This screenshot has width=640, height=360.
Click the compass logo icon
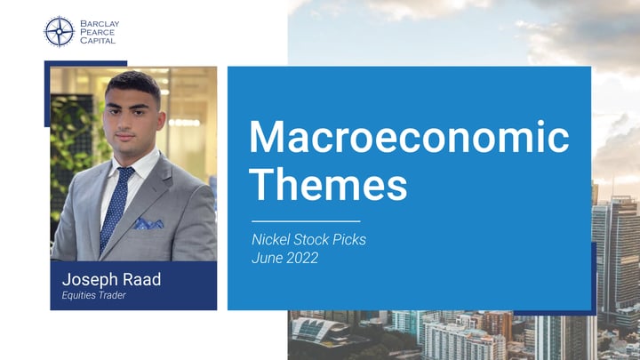59,32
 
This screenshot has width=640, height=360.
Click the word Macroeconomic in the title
409,140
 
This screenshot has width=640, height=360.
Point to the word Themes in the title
328,185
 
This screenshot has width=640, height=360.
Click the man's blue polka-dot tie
116,205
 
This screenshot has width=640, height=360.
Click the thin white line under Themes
306,220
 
